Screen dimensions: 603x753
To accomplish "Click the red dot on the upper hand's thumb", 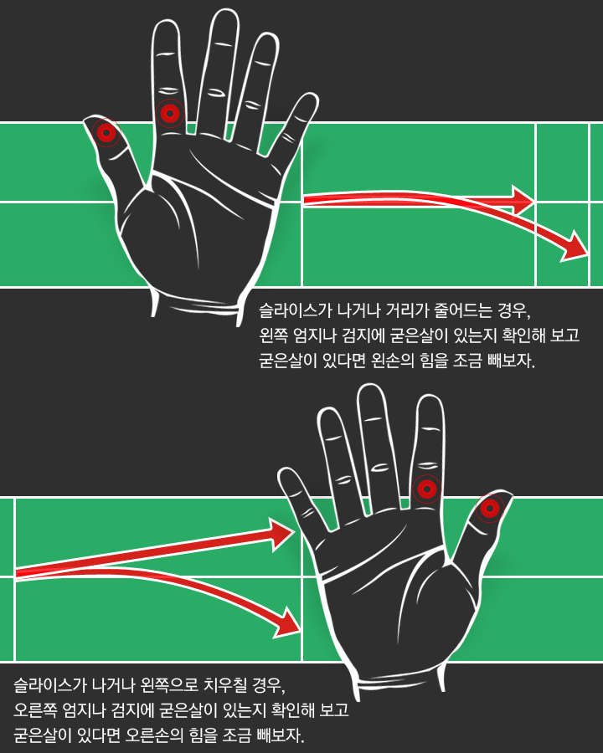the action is [x=106, y=132].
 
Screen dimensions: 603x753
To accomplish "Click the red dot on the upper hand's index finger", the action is [x=170, y=114].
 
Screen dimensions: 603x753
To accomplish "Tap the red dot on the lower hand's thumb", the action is [x=490, y=508].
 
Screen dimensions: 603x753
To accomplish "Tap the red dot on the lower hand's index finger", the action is [x=427, y=489].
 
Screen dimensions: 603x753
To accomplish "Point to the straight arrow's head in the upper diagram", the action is [x=523, y=200].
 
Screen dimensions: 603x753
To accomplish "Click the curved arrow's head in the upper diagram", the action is [x=575, y=248].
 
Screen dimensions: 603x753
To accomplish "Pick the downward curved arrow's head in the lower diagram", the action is [x=287, y=623].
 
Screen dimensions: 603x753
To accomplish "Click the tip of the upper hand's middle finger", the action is [x=225, y=11].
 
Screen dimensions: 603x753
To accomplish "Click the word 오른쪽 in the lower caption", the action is [x=33, y=709].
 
